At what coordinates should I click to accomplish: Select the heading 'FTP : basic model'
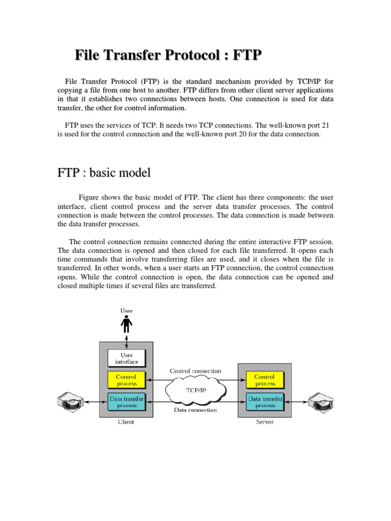coord(104,172)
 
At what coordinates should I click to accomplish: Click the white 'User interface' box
coord(126,358)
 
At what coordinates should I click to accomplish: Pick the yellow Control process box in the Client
coord(126,380)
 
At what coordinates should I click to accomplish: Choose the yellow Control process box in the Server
coord(265,380)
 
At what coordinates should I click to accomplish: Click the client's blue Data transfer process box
coord(126,402)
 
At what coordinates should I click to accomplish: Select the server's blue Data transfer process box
coord(265,402)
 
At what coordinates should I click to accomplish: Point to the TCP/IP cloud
coord(195,391)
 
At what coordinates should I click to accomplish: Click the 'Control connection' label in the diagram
coord(195,371)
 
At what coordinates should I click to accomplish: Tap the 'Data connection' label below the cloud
coord(195,410)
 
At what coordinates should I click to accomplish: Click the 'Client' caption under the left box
coord(126,422)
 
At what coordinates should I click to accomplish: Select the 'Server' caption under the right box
coord(265,422)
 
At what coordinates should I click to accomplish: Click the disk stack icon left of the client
coord(69,402)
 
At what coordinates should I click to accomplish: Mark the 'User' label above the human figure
coord(126,310)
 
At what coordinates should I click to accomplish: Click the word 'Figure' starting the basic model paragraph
coord(90,197)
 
